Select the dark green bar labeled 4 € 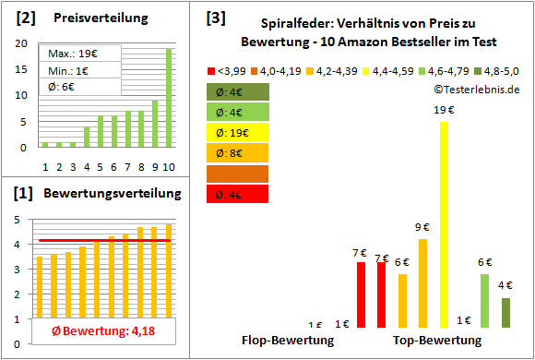pos(505,313)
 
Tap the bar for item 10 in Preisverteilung pos(169,97)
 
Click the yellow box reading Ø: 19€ pos(237,132)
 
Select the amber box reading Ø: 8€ pos(237,152)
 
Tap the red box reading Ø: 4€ pos(237,193)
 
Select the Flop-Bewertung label pos(287,341)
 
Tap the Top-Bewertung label pos(437,341)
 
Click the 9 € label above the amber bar pos(422,227)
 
